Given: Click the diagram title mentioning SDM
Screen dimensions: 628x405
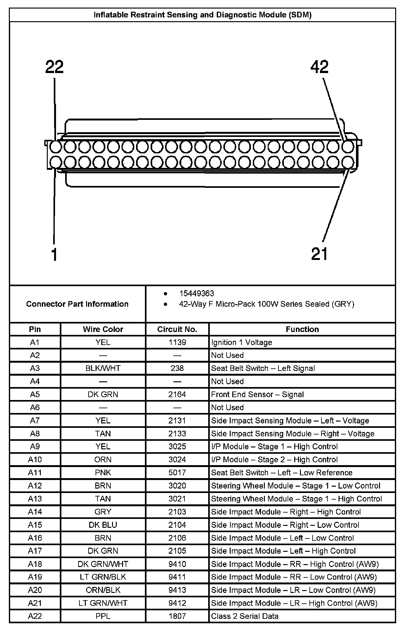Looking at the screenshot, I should [202, 15].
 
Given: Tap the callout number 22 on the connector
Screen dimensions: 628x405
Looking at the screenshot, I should [54, 67].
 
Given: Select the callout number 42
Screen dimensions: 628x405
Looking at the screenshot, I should [320, 67].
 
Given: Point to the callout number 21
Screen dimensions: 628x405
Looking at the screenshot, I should [320, 254].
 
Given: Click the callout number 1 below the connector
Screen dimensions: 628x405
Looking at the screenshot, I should [54, 255].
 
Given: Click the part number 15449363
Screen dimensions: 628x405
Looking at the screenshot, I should [196, 293].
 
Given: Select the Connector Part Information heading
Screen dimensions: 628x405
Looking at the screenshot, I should [77, 304].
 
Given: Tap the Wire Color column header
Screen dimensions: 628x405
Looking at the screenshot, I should [103, 329].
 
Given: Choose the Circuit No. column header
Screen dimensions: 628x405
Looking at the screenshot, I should [177, 329].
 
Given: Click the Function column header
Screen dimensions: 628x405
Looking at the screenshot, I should [302, 329].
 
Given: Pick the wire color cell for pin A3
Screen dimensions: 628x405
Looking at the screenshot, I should [103, 368].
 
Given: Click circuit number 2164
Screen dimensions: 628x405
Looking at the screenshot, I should [177, 394].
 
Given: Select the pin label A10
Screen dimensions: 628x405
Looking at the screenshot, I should [35, 459].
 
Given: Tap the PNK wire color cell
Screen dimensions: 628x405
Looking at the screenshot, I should [103, 472].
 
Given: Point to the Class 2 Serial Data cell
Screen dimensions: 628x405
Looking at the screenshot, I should [245, 616].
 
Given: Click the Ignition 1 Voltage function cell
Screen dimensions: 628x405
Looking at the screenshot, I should [241, 342].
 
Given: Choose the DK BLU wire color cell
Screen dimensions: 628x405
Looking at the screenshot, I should [103, 525].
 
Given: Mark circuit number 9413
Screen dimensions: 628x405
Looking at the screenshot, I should [177, 590].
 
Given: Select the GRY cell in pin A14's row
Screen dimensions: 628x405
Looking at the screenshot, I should [103, 512].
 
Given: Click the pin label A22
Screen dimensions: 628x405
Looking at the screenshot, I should [35, 616].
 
